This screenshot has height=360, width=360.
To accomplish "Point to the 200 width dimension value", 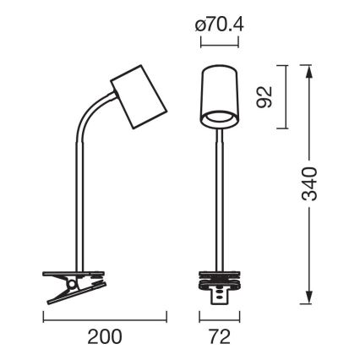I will point(102,336).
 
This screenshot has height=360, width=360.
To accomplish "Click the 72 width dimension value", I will point(219,336).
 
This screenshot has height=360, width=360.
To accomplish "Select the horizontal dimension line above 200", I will point(102,319).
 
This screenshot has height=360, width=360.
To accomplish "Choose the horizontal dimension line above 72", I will point(218,319).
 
